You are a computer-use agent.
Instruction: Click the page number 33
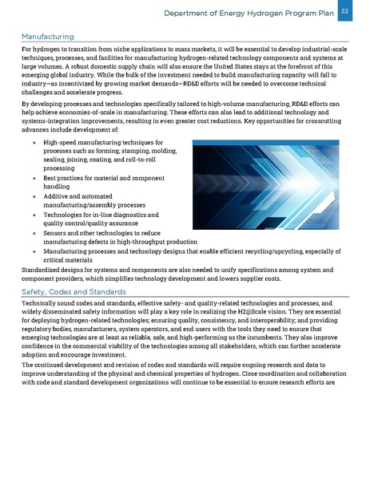(x=344, y=11)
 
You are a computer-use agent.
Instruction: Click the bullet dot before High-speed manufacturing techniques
(x=36, y=142)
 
